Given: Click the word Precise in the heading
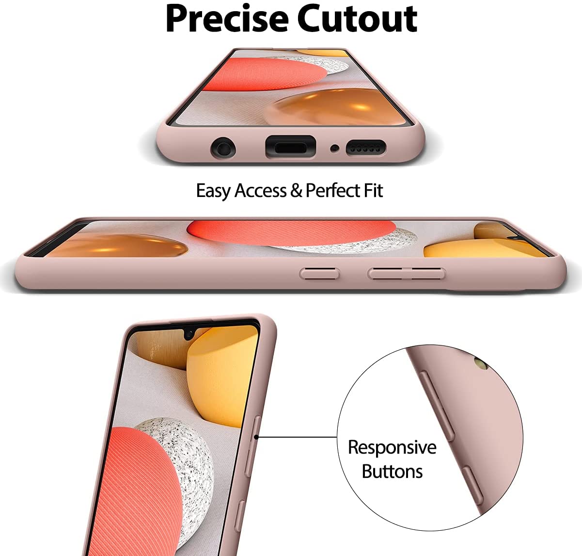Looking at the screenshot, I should click(x=227, y=19).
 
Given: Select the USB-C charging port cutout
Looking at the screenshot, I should click(x=290, y=147).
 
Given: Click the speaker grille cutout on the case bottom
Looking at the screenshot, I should click(x=366, y=148).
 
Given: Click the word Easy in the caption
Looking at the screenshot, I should click(x=213, y=191).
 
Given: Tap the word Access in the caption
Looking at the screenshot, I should click(x=260, y=191).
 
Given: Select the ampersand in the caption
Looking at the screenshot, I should click(x=297, y=191).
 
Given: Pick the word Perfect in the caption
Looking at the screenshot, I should click(x=333, y=191).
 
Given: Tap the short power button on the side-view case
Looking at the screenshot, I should click(x=319, y=274).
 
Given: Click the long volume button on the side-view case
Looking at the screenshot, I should click(x=406, y=274).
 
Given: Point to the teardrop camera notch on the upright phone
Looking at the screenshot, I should click(x=189, y=333).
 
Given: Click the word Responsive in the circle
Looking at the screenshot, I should click(x=392, y=447).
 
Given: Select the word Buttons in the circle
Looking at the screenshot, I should click(x=392, y=471).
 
